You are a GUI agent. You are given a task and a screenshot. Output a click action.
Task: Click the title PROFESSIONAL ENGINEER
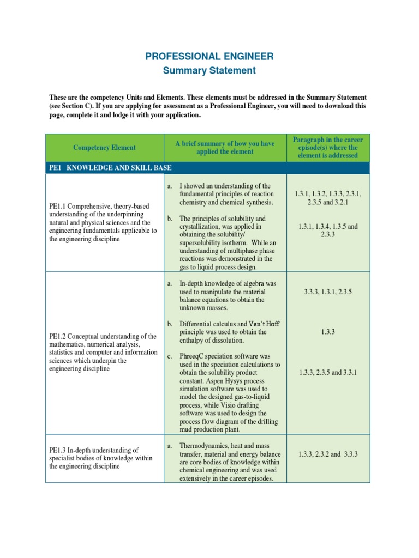click(209, 57)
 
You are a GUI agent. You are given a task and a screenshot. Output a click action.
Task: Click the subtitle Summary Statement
click(209, 70)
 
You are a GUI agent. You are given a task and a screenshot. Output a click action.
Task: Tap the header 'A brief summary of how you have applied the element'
click(225, 147)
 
